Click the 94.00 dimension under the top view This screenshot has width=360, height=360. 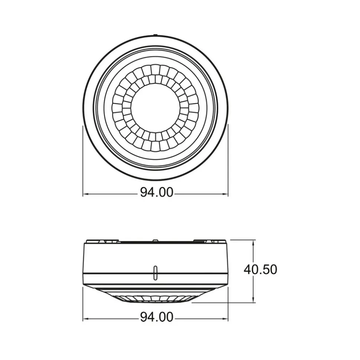(157, 192)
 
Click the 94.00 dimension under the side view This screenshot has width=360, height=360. (157, 317)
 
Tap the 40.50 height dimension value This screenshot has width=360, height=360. (260, 270)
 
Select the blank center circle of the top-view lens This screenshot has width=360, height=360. (156, 108)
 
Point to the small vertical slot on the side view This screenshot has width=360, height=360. (155, 272)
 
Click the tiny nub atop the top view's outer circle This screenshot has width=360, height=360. (156, 36)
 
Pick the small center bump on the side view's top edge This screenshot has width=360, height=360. (154, 241)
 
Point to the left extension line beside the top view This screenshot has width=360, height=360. (82, 159)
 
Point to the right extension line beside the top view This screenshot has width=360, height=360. (228, 159)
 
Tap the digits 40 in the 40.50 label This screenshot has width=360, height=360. (251, 270)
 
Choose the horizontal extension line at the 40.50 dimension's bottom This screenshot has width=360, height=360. (223, 303)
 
